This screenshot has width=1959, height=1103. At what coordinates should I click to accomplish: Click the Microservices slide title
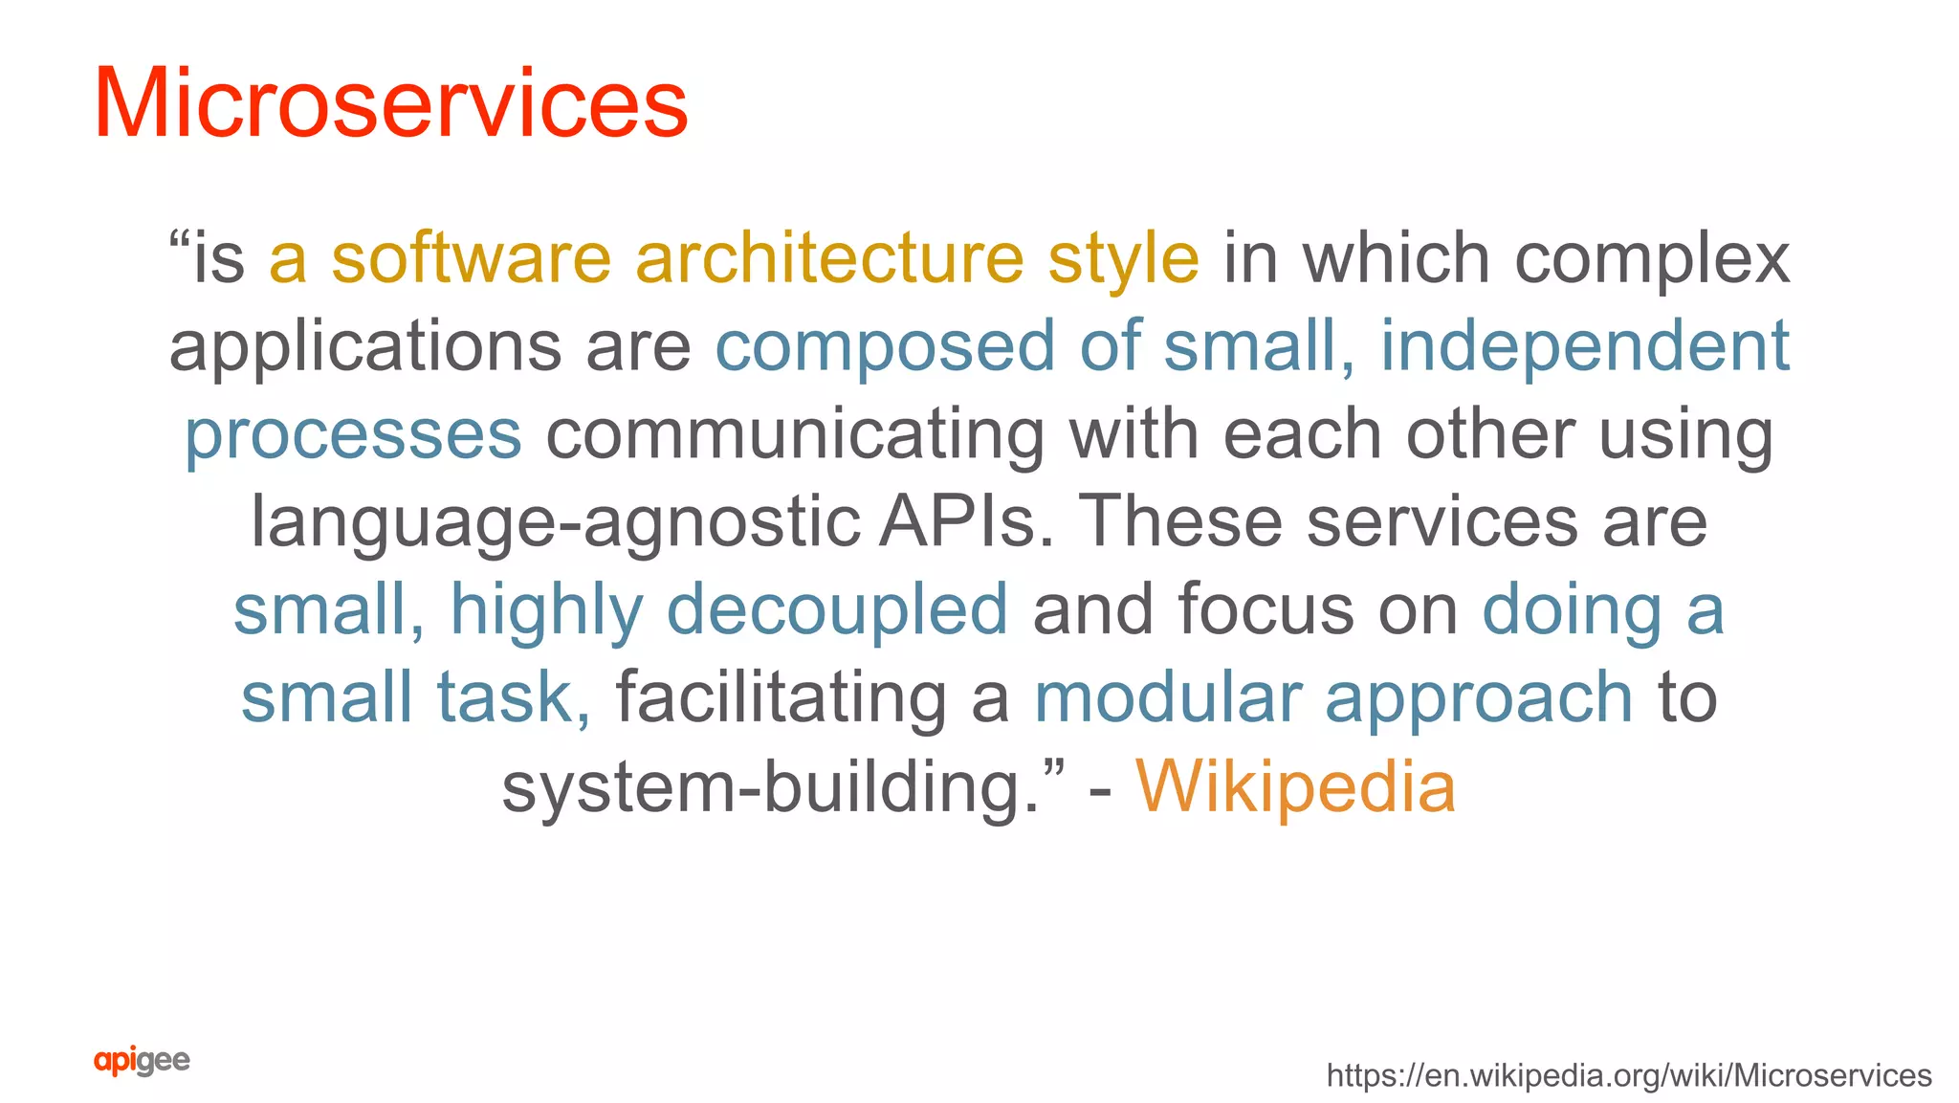point(390,103)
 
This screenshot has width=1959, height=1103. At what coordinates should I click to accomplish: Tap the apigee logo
point(142,1061)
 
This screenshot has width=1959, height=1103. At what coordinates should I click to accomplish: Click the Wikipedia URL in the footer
point(1628,1075)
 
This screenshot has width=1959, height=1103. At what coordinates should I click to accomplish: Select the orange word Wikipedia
point(1295,786)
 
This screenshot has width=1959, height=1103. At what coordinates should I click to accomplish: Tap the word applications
point(365,348)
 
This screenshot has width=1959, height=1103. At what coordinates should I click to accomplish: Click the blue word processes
point(353,436)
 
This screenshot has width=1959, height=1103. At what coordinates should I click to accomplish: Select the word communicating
point(795,436)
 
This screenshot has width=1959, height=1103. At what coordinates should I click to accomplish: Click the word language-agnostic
point(556,524)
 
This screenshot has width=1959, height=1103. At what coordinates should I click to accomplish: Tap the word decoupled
point(837,610)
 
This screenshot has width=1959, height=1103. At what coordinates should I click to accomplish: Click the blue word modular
point(1168,697)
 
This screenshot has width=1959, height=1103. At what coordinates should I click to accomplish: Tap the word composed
point(885,348)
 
